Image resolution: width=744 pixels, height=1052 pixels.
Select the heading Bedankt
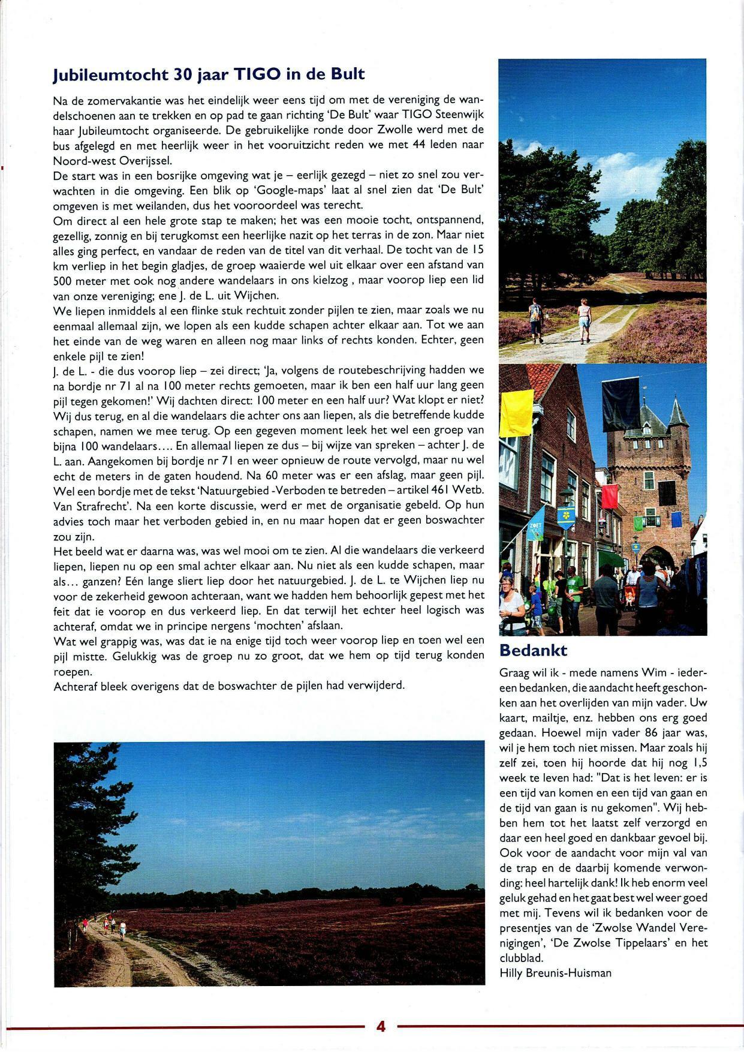(533, 650)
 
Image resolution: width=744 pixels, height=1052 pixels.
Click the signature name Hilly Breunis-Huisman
(555, 973)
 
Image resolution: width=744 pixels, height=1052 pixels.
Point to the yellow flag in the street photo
(516, 413)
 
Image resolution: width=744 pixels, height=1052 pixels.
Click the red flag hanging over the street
(610, 495)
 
